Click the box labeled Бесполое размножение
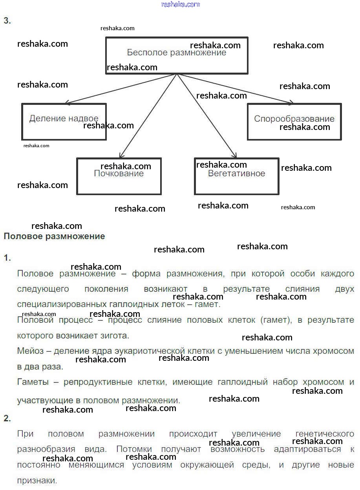[x=177, y=55]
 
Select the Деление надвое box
[x=64, y=121]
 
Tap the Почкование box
[x=119, y=176]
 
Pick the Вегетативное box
[x=236, y=176]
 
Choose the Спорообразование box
[x=294, y=121]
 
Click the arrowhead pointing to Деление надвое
[x=67, y=102]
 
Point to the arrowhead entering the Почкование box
[x=121, y=156]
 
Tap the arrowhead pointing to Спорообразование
[x=291, y=103]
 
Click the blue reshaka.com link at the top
[x=180, y=4]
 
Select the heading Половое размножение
[x=54, y=236]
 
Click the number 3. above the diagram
[x=7, y=21]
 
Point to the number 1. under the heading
[x=7, y=258]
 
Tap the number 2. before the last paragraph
[x=7, y=419]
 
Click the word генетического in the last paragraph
[x=324, y=434]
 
